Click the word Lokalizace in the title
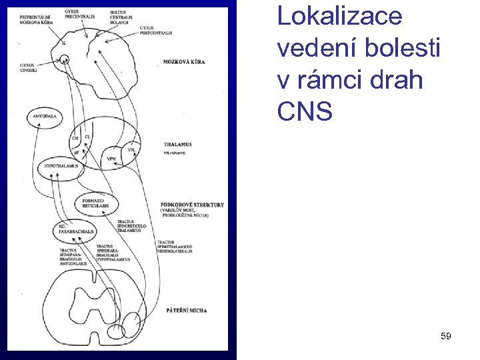339,16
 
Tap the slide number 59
446,337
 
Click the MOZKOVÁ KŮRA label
183,62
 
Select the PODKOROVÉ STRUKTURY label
192,205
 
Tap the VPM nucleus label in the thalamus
112,159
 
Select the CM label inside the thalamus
75,138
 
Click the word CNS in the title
305,111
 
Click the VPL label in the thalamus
131,150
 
